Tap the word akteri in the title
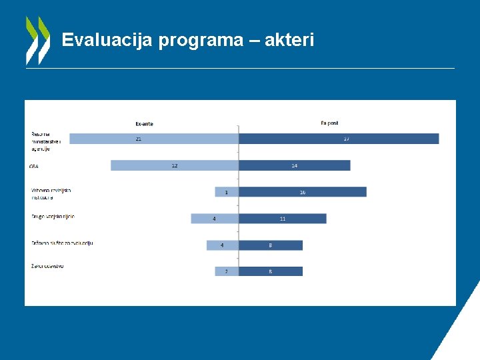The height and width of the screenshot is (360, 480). click(289, 41)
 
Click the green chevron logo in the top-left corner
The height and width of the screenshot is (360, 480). click(37, 40)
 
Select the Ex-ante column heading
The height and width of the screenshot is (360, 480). click(144, 123)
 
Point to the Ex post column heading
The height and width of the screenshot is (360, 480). click(329, 123)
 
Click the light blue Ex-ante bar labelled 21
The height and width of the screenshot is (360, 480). click(154, 139)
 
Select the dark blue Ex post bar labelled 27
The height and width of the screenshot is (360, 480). click(339, 139)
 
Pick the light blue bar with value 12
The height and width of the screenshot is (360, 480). click(175, 165)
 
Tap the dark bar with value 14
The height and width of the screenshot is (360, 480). click(294, 165)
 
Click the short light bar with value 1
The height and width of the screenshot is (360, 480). click(227, 192)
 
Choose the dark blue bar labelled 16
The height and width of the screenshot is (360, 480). click(302, 192)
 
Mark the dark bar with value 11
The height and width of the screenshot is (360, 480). click(283, 219)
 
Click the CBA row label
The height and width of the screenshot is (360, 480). click(34, 166)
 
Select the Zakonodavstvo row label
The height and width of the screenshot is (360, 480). click(47, 267)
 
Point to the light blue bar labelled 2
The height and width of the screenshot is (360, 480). click(227, 271)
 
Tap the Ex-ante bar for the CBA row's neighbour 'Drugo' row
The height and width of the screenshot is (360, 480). click(215, 219)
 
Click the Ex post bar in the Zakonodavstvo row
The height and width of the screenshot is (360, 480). click(271, 271)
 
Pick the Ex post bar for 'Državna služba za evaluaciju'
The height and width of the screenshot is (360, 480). click(271, 245)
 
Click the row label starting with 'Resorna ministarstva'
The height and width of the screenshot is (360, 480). click(46, 141)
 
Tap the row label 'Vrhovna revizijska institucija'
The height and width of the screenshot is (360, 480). click(51, 193)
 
